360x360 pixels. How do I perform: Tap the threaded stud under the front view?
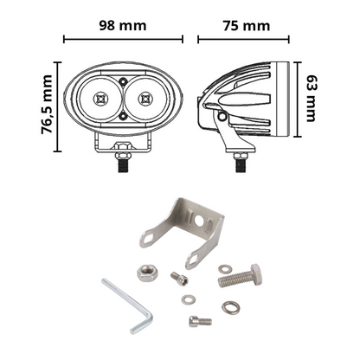coord(124,162)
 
